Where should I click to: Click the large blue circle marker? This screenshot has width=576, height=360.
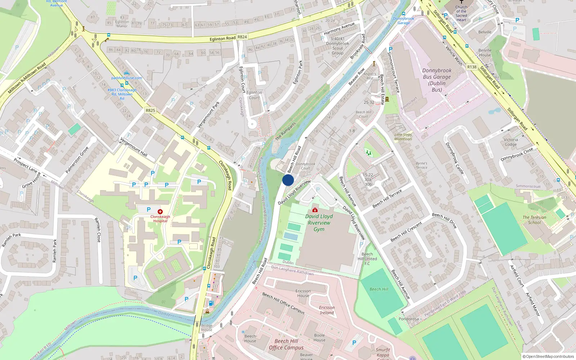288,180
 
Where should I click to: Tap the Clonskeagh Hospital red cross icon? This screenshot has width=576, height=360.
160,212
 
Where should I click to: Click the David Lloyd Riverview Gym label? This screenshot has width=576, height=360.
319,222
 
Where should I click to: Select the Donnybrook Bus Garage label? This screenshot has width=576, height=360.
437,80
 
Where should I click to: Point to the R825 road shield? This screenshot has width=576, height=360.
150,111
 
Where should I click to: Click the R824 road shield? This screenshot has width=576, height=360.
242,37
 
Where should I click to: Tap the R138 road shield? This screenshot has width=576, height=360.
472,67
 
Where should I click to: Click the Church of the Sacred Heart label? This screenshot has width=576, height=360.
461,13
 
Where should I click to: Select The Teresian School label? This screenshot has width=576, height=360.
534,220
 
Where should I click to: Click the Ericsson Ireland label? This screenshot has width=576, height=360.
327,310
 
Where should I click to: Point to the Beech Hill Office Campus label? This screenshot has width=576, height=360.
286,344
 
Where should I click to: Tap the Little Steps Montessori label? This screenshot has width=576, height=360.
403,137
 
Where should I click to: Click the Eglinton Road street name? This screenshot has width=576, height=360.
222,39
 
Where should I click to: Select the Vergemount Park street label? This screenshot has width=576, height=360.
208,115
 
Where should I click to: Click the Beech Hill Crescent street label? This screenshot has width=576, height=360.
406,232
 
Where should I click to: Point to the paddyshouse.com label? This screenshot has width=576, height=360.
127,78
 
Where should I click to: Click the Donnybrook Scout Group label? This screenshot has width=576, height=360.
337,46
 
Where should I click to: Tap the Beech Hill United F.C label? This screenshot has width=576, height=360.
367,258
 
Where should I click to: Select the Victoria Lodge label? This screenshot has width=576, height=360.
510,142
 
